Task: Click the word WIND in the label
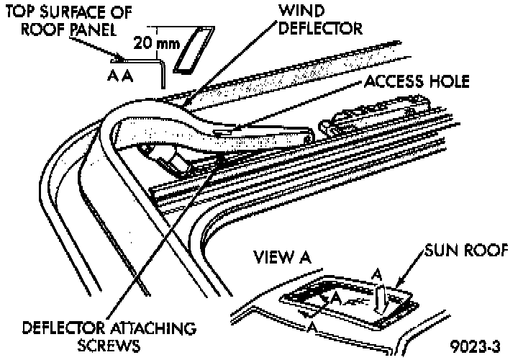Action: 301,11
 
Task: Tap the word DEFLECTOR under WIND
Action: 320,28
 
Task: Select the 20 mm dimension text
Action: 157,42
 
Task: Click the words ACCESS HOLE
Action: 417,81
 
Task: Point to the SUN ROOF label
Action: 465,251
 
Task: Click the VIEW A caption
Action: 283,257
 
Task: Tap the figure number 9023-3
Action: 475,347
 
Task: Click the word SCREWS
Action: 109,346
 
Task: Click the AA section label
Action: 120,76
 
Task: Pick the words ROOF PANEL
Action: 69,29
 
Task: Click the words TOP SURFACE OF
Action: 69,12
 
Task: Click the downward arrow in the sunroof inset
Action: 379,300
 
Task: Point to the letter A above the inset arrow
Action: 377,275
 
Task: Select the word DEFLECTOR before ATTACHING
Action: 64,328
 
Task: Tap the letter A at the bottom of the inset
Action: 312,328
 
